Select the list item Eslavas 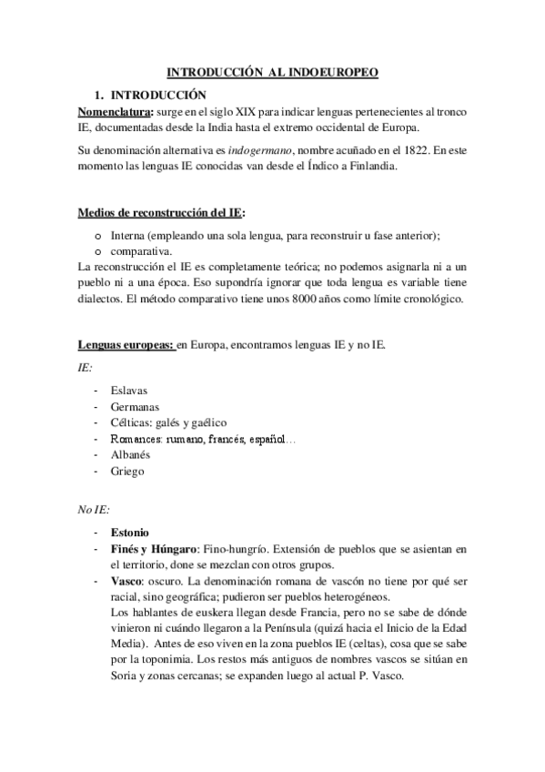click(130, 390)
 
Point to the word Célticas click(133, 422)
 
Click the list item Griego click(126, 471)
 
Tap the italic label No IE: click(96, 510)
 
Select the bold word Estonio click(130, 532)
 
